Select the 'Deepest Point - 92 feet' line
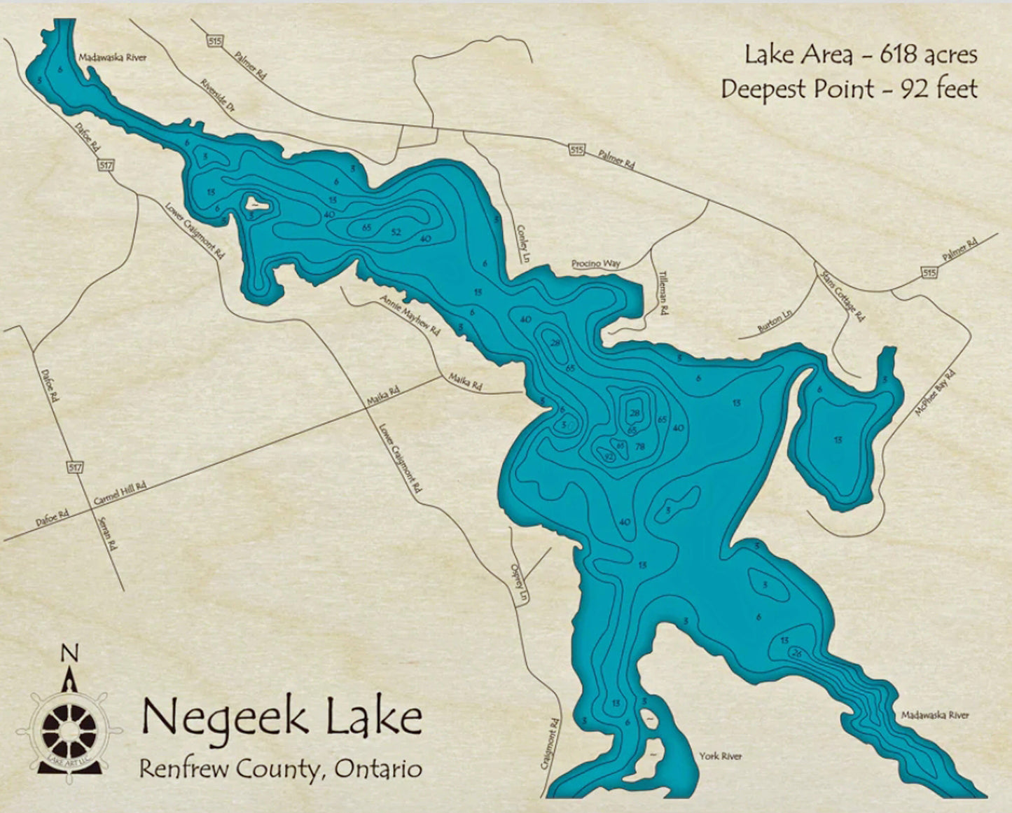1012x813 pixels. [849, 89]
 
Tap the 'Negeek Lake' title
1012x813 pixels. [282, 716]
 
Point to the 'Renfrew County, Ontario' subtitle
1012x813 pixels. [280, 768]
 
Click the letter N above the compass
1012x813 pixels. [69, 653]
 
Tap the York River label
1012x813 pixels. [720, 756]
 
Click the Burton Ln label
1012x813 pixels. [774, 322]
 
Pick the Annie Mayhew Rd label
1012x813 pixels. [410, 314]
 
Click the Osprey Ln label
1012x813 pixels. [519, 585]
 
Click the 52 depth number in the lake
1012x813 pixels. [396, 232]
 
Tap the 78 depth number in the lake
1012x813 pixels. [639, 446]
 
